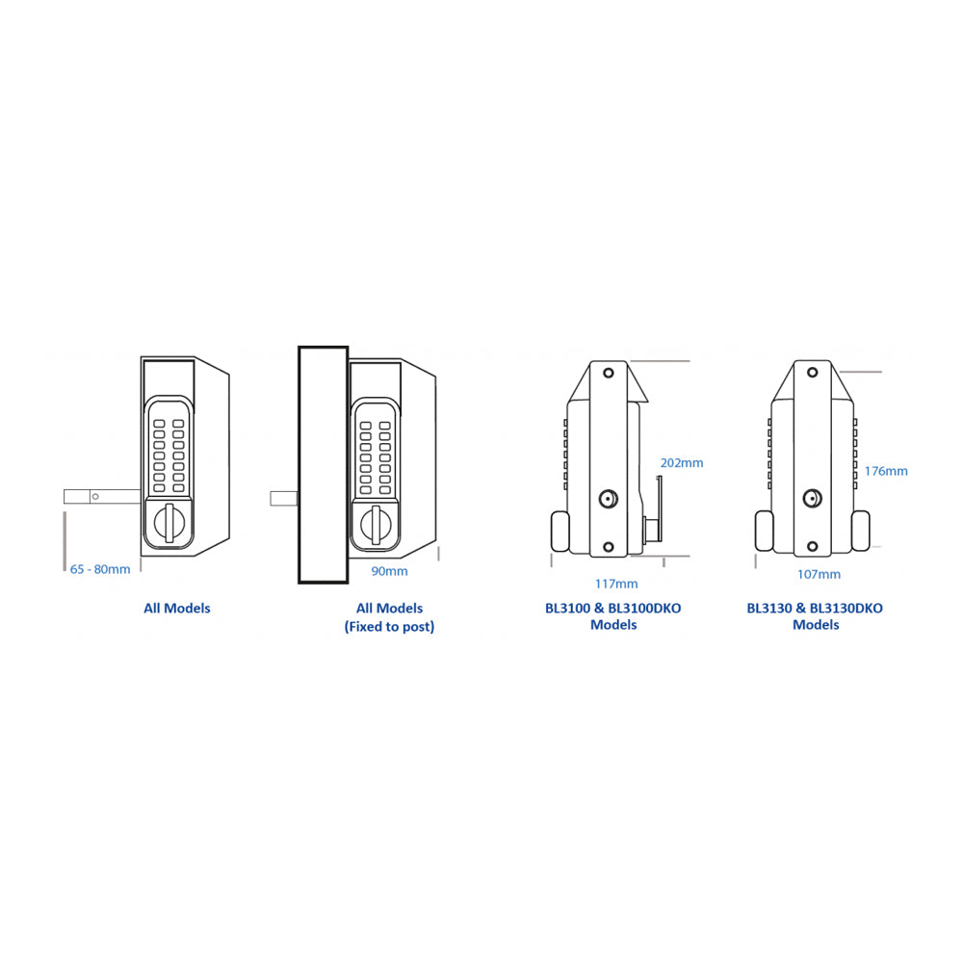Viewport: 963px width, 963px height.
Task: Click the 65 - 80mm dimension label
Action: (100, 569)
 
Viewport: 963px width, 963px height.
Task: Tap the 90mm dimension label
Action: (389, 571)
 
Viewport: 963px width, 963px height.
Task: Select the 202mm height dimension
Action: (682, 463)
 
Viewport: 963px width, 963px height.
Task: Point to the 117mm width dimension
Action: (616, 585)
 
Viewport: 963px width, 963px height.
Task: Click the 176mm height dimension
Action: (886, 471)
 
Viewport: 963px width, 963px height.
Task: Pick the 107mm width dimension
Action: (819, 575)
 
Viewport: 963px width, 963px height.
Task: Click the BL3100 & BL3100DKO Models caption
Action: (612, 616)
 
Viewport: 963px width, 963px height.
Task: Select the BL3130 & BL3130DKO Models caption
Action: (815, 616)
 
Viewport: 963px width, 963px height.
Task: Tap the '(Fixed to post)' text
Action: (389, 627)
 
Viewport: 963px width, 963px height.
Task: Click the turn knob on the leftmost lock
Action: (169, 523)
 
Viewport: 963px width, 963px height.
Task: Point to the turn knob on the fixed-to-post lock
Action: (376, 525)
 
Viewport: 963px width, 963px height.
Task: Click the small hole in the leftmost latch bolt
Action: (95, 496)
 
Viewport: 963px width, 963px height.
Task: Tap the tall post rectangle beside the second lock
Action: (323, 464)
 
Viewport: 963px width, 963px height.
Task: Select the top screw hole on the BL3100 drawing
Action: (609, 373)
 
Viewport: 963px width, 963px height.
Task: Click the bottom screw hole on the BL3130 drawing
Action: (812, 547)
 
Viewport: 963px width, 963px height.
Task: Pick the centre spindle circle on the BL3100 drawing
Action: (608, 499)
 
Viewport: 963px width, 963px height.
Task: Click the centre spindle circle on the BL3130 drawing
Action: (812, 499)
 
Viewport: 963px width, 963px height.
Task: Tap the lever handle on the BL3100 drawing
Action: (655, 509)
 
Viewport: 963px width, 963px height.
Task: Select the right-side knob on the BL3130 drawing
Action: (861, 531)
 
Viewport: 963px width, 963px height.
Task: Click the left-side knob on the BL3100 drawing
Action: (560, 532)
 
